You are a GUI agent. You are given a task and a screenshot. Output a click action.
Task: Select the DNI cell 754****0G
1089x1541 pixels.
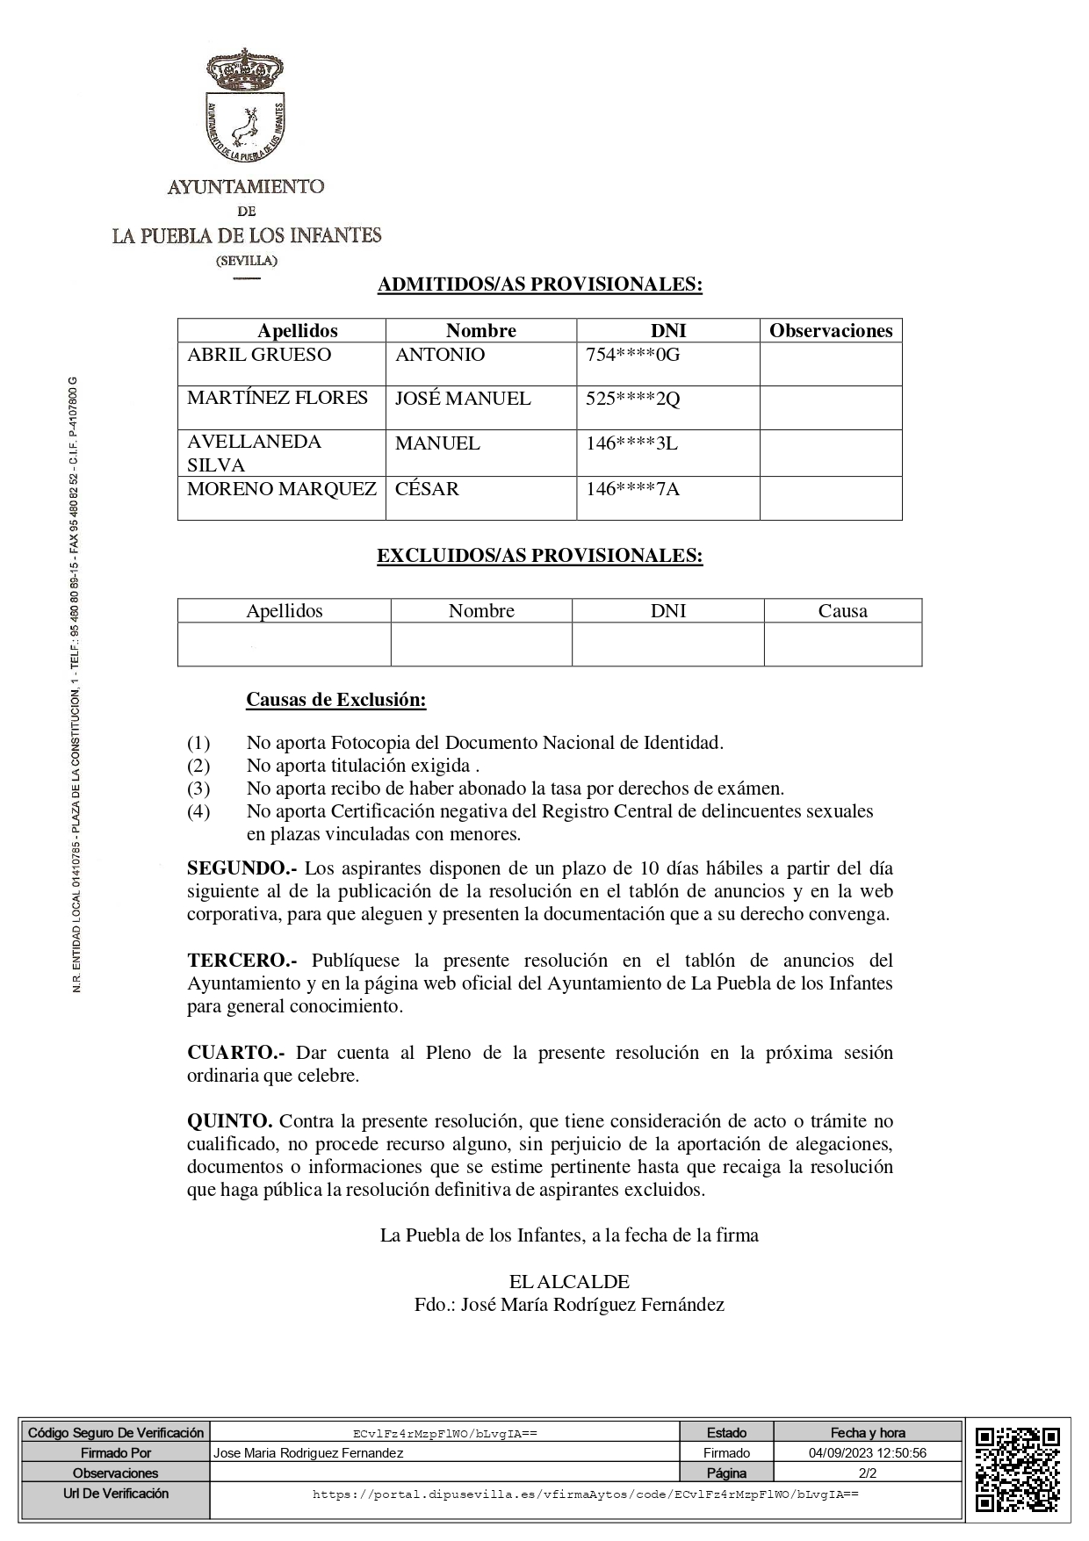tap(632, 355)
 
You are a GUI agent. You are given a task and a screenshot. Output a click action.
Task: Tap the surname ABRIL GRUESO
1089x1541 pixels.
tap(259, 355)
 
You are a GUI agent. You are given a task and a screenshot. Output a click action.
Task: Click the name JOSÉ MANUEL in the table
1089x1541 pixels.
tap(463, 399)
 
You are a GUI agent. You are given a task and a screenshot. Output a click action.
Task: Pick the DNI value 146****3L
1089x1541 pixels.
tap(631, 443)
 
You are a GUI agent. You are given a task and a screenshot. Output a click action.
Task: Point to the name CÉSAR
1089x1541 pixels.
tap(427, 489)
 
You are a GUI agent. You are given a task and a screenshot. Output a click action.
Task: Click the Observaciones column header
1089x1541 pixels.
tap(831, 331)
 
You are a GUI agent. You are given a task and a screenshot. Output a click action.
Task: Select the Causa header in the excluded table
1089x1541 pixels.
tap(842, 611)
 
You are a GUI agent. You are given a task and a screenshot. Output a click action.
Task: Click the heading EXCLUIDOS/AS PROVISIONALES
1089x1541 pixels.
tap(539, 556)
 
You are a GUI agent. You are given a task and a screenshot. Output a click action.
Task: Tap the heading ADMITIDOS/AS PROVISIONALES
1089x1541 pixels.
tap(539, 284)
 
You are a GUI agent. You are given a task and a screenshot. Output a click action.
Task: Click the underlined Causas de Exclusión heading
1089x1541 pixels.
tap(335, 700)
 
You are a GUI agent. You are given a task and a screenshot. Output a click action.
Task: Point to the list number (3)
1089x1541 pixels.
tap(198, 789)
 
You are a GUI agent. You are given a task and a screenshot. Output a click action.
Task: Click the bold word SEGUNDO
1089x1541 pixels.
tap(242, 868)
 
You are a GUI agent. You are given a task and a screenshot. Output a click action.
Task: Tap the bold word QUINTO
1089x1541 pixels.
tap(229, 1121)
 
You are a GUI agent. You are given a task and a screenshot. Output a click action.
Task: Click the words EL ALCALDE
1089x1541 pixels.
tap(569, 1282)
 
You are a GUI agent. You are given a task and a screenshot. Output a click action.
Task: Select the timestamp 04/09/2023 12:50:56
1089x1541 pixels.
tap(867, 1453)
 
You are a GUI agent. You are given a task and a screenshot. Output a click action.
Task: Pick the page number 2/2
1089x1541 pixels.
tap(867, 1473)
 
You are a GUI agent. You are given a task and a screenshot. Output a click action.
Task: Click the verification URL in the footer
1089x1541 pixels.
tap(585, 1494)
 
